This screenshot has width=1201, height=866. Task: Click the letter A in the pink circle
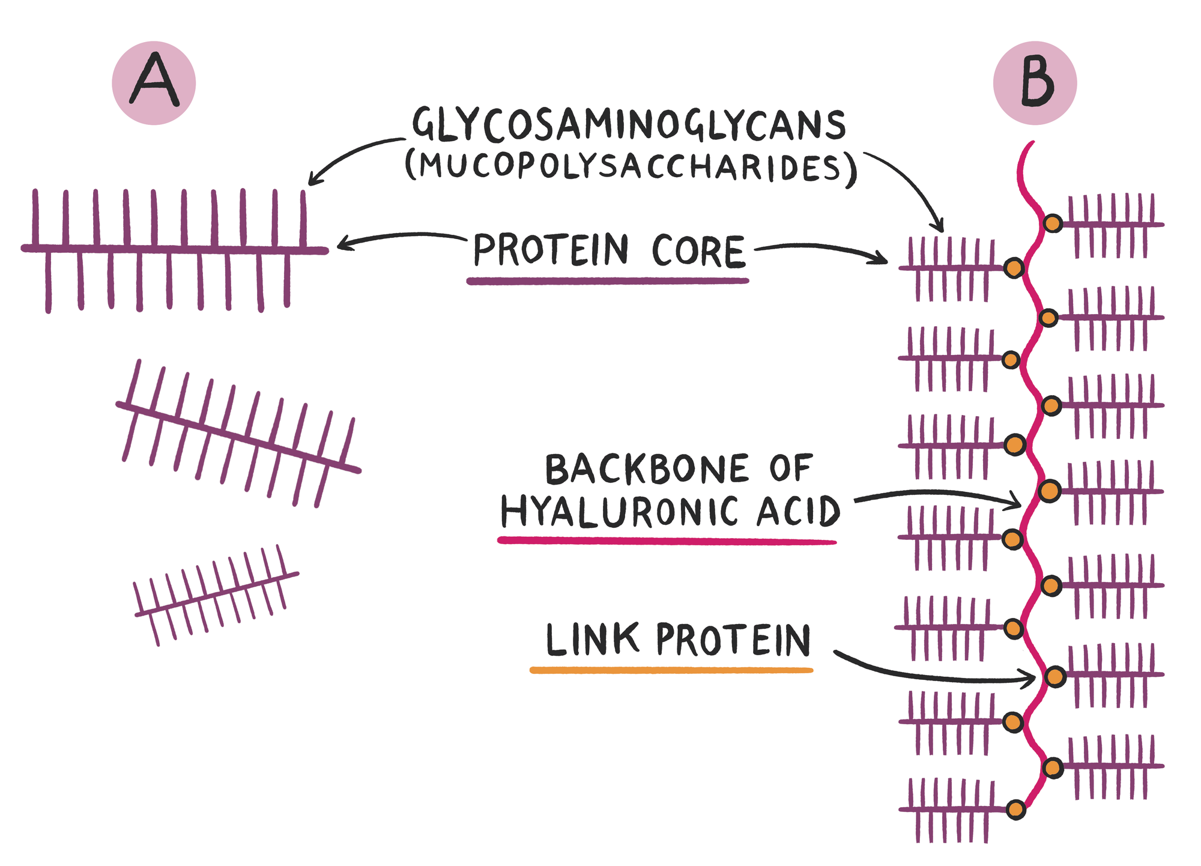coord(154,82)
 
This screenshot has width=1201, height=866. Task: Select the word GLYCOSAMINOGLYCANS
coord(629,125)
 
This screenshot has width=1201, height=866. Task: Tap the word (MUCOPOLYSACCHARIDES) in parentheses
coord(631,166)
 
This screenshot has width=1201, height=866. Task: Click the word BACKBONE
coord(647,469)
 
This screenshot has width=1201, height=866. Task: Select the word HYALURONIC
coord(619,512)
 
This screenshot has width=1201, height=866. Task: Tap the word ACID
coord(798,512)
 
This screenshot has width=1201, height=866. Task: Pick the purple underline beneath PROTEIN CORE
coord(607,280)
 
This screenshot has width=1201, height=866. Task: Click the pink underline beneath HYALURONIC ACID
coord(667,541)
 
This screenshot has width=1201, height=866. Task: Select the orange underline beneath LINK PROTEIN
coord(671,670)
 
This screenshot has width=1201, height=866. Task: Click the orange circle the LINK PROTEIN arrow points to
coord(1055,677)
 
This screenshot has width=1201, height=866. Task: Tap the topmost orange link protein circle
coord(1052,223)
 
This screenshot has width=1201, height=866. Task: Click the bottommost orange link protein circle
coord(1015,810)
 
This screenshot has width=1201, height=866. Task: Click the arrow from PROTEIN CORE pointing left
coord(399,237)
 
